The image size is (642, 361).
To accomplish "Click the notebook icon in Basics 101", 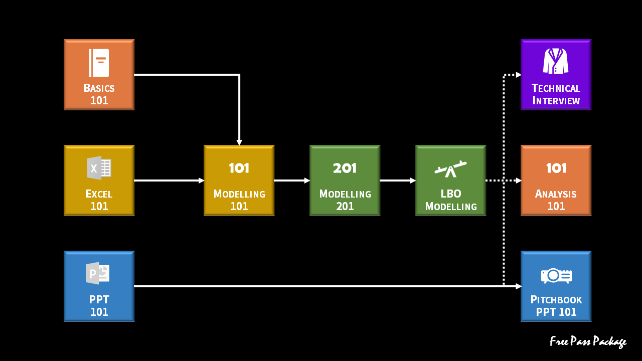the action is click(99, 63).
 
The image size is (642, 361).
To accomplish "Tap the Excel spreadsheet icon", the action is click(99, 168).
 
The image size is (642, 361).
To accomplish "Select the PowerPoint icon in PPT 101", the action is click(98, 273).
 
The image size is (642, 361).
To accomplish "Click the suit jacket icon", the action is click(556, 61).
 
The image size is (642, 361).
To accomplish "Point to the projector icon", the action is click(556, 276).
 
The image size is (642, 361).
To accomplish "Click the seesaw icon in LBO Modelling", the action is click(450, 169).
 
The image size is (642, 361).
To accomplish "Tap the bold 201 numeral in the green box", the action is click(345, 168).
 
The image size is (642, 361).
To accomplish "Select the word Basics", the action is click(99, 88).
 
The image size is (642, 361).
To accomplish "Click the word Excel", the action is click(99, 194).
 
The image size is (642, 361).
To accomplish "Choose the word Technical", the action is click(556, 88).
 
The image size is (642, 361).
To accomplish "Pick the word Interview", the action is click(556, 101).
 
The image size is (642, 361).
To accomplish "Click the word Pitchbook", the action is click(556, 300).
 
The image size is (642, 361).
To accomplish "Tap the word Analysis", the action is click(556, 194).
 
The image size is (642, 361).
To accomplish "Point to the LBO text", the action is click(451, 194).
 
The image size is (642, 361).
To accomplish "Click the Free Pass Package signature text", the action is click(588, 341).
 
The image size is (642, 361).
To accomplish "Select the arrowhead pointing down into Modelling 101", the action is click(239, 142).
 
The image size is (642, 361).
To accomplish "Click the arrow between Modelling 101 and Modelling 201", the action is click(292, 180).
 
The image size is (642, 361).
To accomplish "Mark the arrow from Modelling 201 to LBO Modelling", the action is click(398, 180).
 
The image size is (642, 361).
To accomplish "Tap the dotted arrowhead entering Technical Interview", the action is click(519, 75).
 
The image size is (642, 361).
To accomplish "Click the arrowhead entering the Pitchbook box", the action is click(519, 286).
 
